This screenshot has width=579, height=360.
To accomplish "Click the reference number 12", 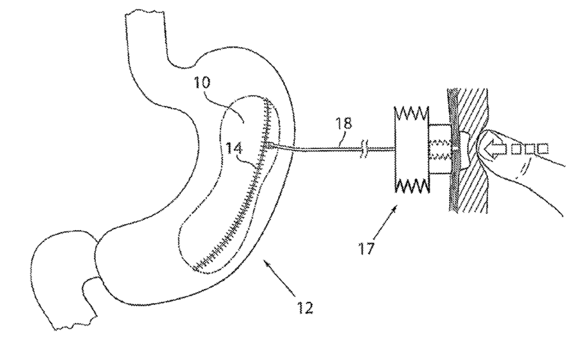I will point(306,308).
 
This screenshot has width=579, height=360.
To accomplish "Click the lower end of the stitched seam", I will point(195,268).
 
